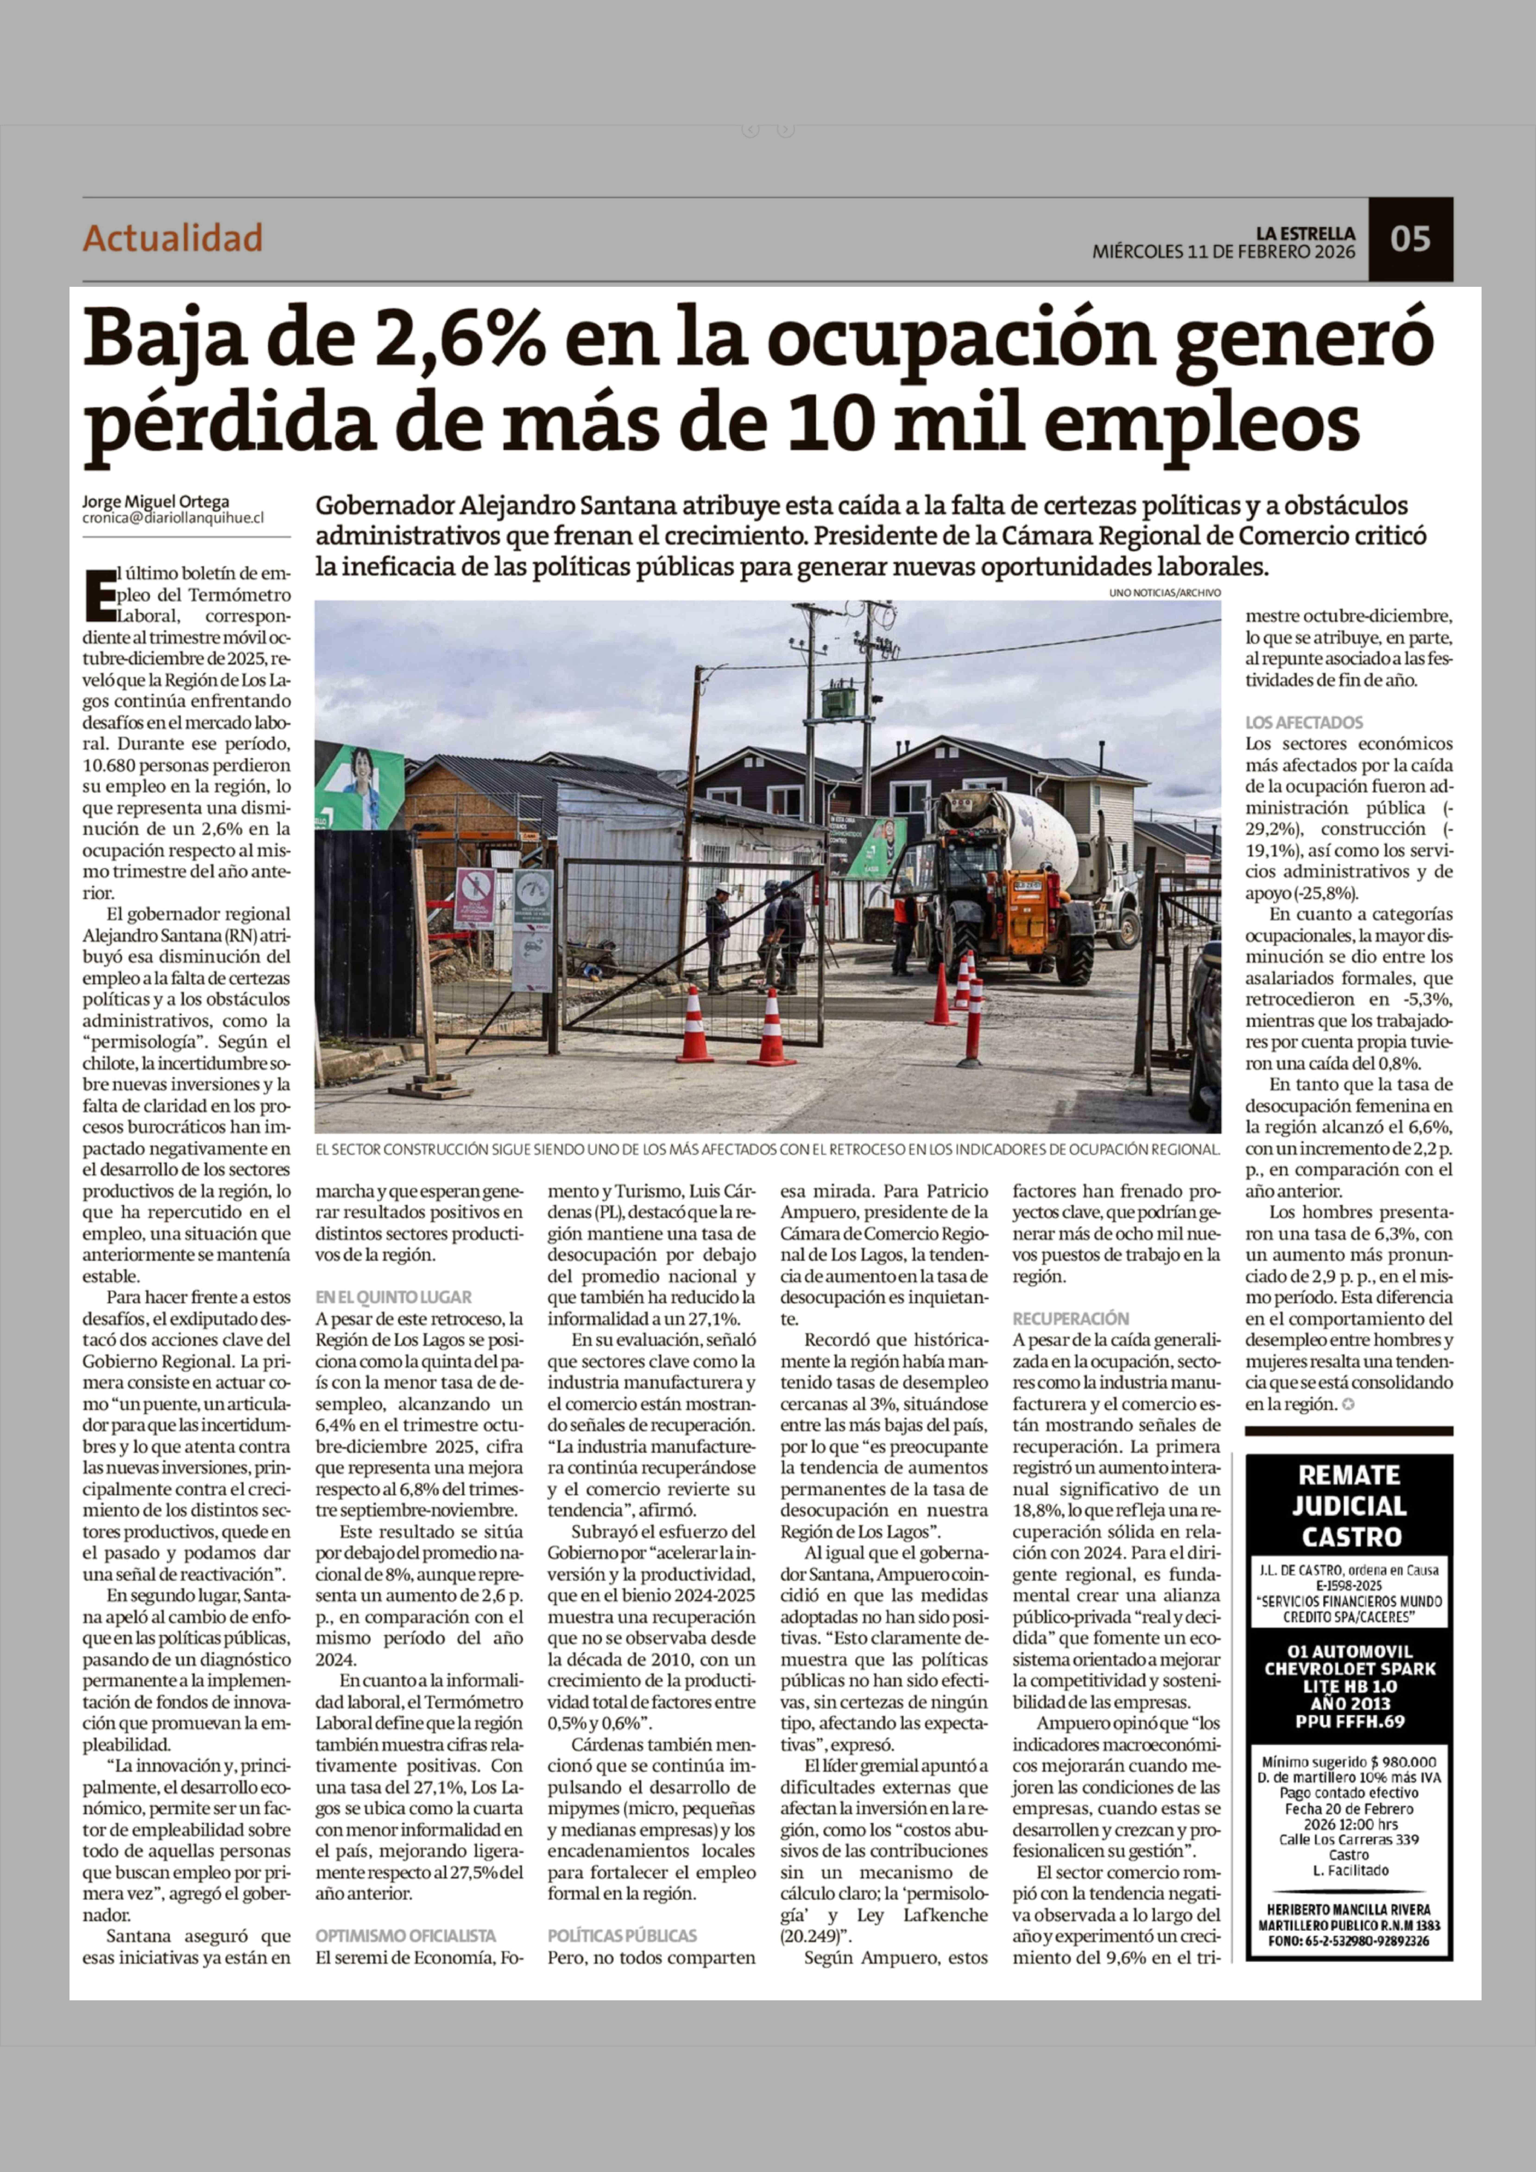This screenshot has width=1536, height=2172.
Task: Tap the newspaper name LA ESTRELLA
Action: (x=1305, y=233)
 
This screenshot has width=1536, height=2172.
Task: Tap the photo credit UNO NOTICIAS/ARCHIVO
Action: (x=1165, y=592)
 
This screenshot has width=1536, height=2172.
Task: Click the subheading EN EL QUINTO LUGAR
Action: (x=394, y=1297)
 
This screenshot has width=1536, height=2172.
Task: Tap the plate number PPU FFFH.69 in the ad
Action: (x=1350, y=1721)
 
